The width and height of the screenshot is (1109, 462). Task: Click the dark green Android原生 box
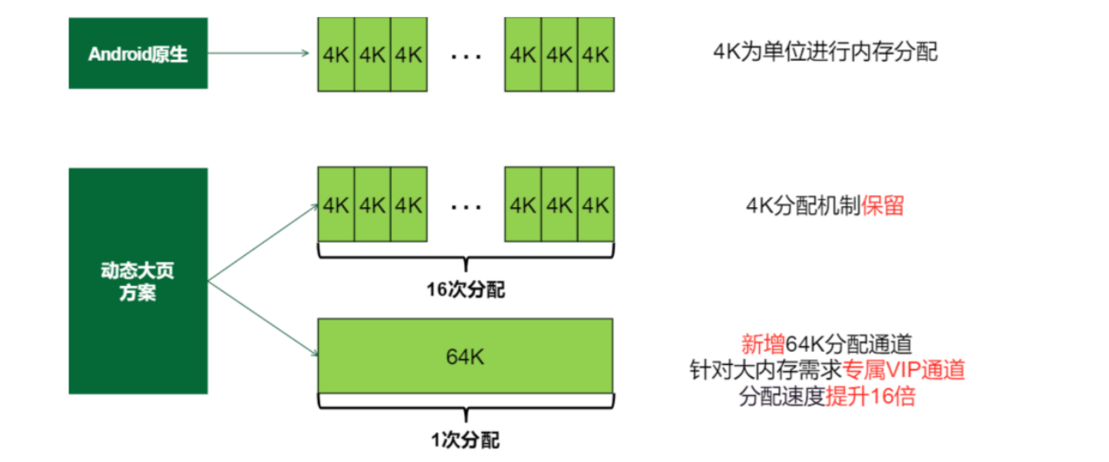(x=138, y=53)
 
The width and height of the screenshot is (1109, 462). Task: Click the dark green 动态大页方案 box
(x=138, y=281)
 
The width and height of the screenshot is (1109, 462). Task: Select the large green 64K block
(x=466, y=356)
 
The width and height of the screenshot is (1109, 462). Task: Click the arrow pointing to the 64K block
(x=260, y=318)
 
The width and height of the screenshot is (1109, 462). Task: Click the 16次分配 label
(x=465, y=290)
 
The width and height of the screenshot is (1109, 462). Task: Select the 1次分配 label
(x=465, y=440)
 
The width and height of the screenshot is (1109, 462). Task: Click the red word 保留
(x=883, y=206)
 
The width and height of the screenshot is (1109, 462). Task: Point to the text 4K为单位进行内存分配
(x=825, y=51)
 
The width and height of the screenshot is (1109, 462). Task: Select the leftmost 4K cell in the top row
(x=336, y=54)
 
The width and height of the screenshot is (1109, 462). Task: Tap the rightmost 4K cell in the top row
(x=596, y=54)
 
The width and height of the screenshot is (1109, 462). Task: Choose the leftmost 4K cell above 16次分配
(x=336, y=205)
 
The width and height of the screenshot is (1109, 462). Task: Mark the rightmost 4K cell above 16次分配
(x=596, y=205)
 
